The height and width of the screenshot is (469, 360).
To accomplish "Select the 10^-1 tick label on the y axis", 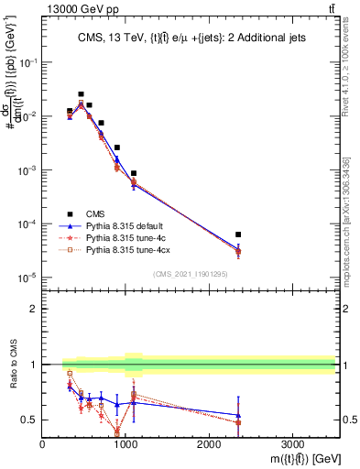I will (27, 62).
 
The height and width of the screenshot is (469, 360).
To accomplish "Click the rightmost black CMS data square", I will (238, 234).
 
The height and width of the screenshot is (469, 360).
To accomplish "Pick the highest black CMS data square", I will (81, 94).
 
